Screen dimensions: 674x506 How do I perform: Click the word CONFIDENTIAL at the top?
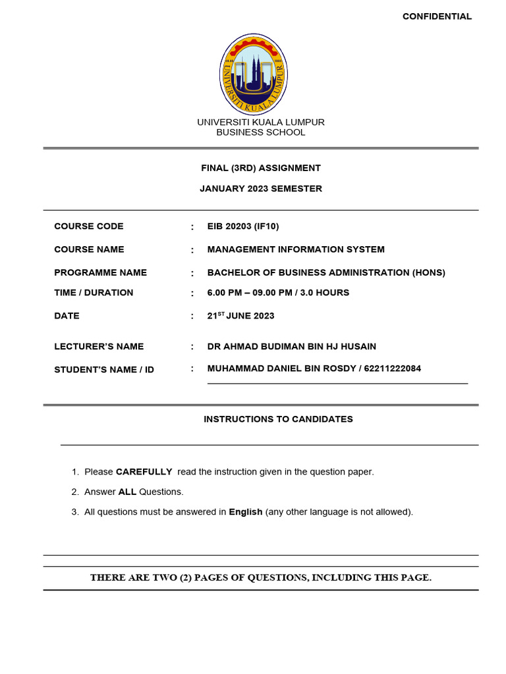(437, 16)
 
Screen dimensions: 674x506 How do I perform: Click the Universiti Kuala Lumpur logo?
(253, 74)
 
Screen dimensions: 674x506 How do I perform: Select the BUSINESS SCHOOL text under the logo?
(261, 132)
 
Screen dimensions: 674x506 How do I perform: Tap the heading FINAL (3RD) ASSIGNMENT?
(261, 168)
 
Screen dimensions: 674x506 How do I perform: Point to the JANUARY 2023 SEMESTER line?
(261, 188)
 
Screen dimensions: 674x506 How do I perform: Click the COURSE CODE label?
(89, 226)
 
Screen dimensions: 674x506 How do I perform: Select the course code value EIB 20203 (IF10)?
(243, 226)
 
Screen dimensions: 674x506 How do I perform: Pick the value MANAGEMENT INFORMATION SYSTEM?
(296, 249)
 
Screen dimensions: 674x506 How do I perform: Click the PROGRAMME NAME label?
(100, 272)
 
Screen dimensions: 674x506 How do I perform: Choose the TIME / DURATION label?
(94, 293)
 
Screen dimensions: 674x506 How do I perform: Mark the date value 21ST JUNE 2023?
(240, 316)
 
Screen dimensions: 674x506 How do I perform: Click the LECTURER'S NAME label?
(99, 347)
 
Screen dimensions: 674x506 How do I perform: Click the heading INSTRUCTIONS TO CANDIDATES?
(278, 419)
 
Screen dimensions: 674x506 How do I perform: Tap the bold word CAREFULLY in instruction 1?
(144, 472)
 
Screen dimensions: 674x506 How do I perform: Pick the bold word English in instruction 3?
(245, 512)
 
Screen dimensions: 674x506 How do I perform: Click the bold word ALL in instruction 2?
(127, 492)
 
